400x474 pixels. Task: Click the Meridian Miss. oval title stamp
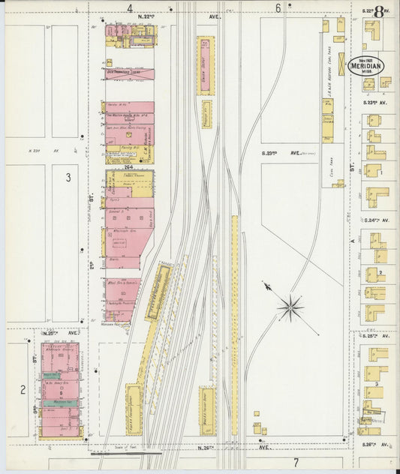(365, 65)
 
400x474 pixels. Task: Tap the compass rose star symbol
(290, 307)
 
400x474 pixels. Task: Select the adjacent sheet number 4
(129, 8)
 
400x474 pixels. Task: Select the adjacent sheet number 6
(278, 8)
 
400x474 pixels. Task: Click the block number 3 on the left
(67, 178)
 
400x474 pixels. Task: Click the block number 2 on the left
(23, 388)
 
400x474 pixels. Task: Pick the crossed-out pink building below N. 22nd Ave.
(130, 74)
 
